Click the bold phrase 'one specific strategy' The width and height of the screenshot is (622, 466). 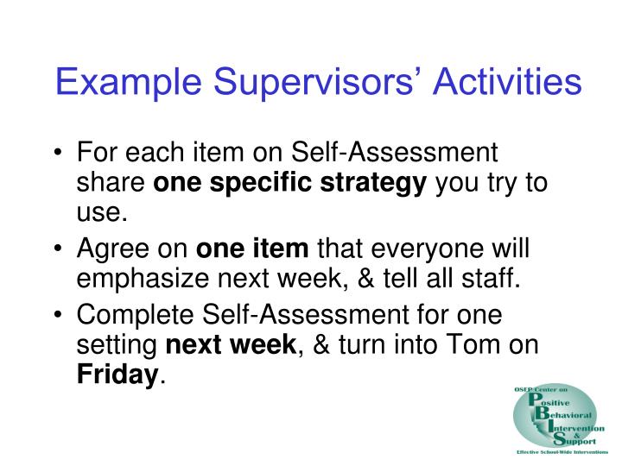pyautogui.click(x=290, y=185)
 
